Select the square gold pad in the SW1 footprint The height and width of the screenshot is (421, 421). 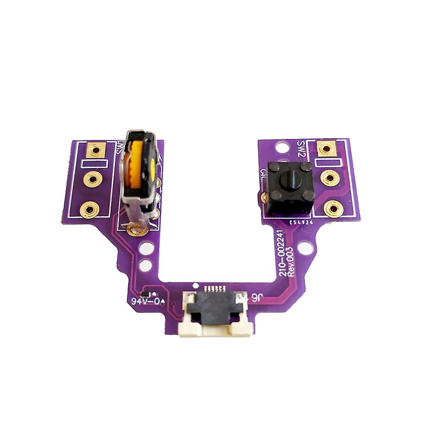96,150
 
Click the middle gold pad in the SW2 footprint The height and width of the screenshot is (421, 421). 330,178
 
